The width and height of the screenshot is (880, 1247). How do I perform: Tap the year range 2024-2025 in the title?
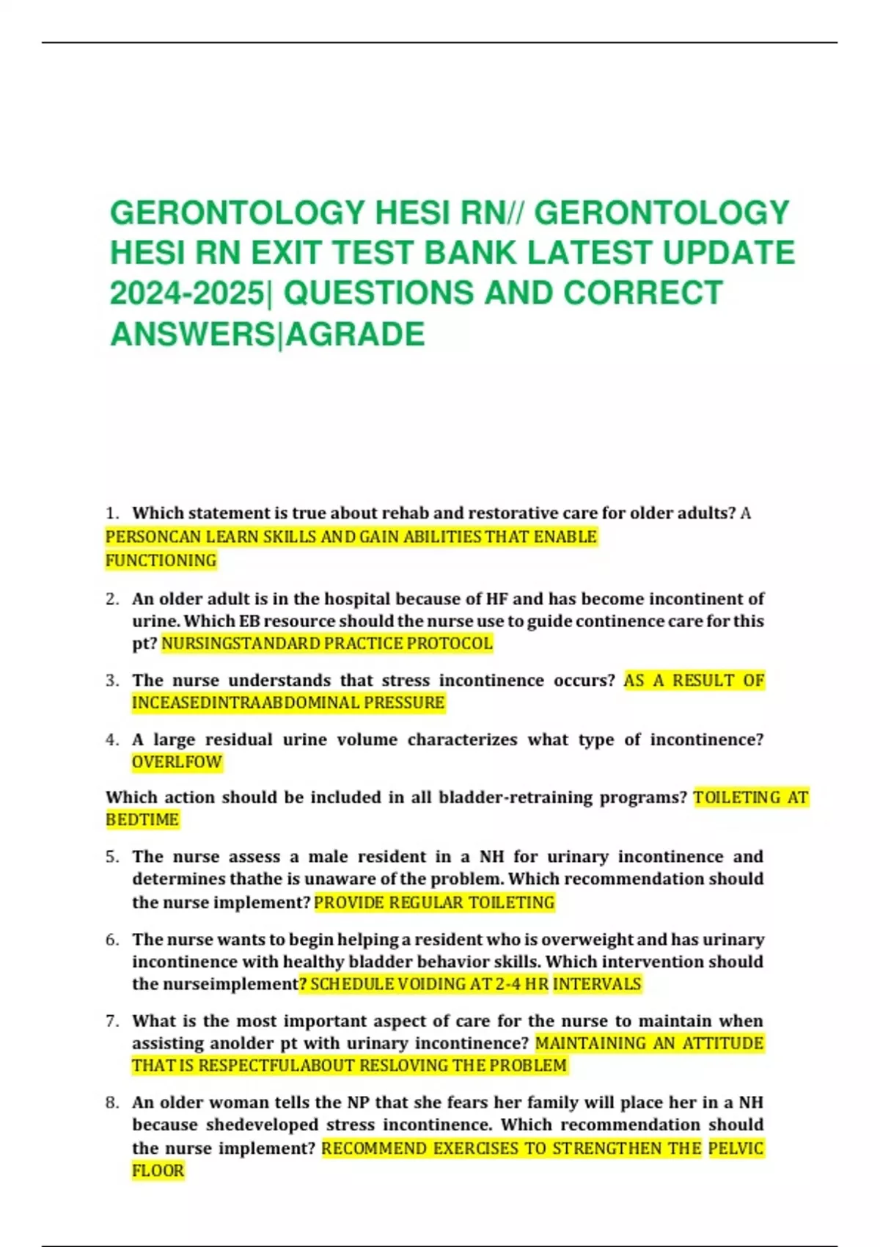click(x=188, y=293)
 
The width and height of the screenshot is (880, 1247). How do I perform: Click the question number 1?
click(x=111, y=513)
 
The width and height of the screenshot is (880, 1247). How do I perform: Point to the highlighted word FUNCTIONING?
click(x=161, y=561)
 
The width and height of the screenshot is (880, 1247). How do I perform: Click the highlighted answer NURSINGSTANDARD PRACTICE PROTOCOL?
click(x=327, y=644)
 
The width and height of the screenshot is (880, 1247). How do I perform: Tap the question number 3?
click(x=111, y=681)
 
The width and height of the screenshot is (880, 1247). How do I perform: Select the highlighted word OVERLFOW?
click(x=177, y=762)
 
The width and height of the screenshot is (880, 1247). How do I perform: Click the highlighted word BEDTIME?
click(x=142, y=820)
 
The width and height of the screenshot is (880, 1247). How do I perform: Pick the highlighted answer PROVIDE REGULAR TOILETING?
click(x=434, y=903)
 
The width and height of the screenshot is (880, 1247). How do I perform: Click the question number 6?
click(x=111, y=940)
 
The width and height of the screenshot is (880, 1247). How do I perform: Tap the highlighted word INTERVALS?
click(x=597, y=984)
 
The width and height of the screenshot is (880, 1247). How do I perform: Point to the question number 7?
click(x=111, y=1021)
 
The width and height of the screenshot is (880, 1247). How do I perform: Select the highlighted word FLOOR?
click(x=158, y=1171)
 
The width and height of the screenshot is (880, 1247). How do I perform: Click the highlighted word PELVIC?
click(x=736, y=1149)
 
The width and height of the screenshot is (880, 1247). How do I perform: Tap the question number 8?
click(x=111, y=1102)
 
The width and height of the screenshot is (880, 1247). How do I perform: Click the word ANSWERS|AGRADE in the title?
click(x=267, y=334)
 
